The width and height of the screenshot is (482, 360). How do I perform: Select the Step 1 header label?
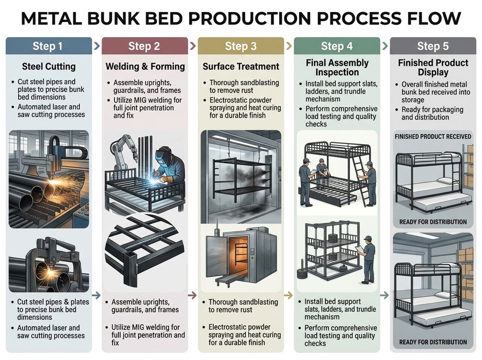(48, 46)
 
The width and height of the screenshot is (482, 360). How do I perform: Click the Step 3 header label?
(240, 46)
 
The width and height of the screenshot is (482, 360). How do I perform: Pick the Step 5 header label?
(433, 46)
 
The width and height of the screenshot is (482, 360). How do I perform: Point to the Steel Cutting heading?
(49, 66)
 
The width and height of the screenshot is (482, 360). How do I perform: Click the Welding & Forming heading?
(145, 66)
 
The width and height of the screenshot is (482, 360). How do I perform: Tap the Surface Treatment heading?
(241, 66)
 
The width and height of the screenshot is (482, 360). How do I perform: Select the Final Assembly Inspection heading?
(337, 67)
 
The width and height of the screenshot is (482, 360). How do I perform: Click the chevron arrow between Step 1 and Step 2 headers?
(97, 46)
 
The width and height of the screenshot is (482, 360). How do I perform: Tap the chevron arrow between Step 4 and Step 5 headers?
(385, 46)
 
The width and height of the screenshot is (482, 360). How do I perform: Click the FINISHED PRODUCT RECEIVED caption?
(433, 137)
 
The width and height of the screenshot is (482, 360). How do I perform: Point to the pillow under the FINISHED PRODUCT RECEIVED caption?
(445, 180)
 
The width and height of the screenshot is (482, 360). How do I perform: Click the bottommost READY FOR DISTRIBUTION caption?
(433, 342)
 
